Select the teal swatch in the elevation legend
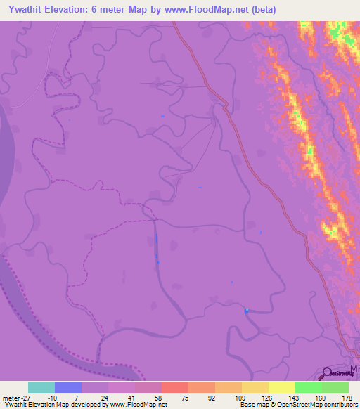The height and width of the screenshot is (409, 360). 41,387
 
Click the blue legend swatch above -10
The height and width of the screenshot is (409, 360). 68,387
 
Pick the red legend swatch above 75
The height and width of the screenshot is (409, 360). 175,387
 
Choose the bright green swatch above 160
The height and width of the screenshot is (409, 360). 309,387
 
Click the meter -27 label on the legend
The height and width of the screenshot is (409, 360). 16,398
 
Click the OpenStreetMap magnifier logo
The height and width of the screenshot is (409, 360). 328,374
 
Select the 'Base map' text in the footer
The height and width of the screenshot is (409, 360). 253,405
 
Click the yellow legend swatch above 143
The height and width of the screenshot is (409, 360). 282,387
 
